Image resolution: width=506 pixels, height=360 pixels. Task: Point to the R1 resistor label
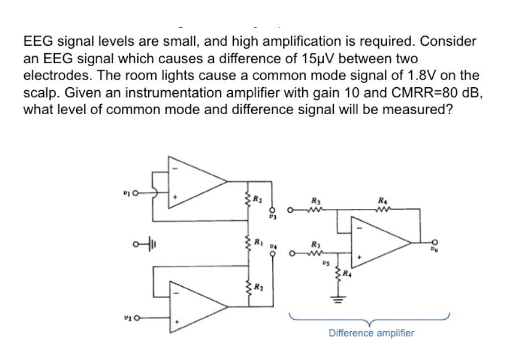[258, 242]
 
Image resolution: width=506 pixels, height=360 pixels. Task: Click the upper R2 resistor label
[258, 200]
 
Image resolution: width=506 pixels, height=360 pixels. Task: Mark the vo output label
[435, 249]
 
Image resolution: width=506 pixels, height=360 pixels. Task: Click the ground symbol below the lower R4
[337, 304]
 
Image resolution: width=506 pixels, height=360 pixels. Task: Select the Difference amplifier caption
[371, 333]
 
